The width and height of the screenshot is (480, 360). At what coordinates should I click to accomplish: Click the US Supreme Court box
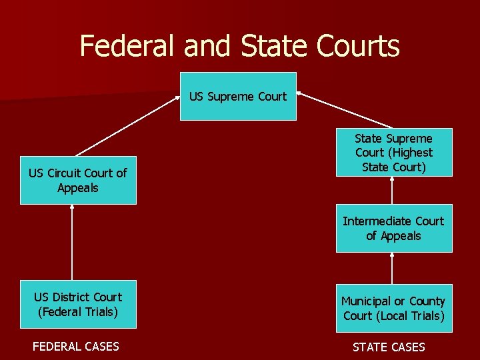(238, 96)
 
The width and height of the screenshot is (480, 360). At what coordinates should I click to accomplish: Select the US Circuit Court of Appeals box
(78, 180)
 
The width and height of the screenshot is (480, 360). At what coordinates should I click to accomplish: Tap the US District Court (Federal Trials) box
(78, 304)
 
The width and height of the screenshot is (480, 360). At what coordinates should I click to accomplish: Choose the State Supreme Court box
(393, 152)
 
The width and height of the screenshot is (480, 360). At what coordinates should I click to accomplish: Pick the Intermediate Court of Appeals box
(393, 228)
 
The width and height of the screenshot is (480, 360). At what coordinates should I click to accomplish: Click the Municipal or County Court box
(393, 308)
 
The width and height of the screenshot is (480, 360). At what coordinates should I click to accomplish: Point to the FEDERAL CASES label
(76, 346)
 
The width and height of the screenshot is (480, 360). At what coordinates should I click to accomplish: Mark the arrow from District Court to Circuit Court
(72, 242)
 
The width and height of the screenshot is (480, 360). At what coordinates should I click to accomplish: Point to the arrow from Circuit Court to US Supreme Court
(127, 126)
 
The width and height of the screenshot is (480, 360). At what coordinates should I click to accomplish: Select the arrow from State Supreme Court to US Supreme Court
(345, 110)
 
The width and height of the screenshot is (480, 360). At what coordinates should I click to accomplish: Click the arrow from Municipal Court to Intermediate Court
(392, 268)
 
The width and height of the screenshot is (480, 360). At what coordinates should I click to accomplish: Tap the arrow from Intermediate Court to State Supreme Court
(392, 191)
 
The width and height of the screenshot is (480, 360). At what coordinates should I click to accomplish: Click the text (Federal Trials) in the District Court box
(78, 311)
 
